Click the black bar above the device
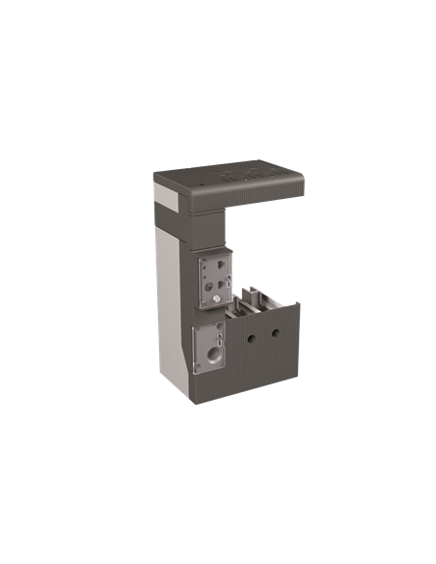tap(218, 148)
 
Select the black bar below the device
tap(218, 414)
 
